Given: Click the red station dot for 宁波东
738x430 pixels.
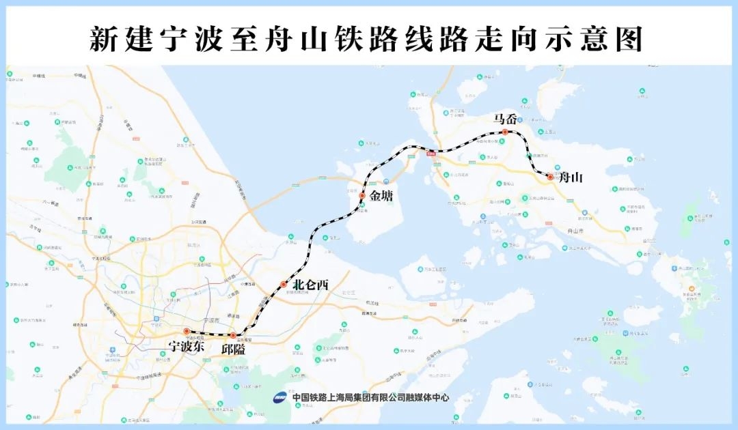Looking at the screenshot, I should click(187, 332).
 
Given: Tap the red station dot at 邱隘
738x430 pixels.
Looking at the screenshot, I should click(233, 335).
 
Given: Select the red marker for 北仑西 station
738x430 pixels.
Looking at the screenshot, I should click(284, 284).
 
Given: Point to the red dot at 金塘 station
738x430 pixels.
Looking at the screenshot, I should click(362, 196).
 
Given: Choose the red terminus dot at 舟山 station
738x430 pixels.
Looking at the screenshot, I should click(550, 177).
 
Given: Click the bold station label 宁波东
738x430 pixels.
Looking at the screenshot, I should click(187, 346).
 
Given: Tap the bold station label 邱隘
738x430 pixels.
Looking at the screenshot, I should click(233, 349).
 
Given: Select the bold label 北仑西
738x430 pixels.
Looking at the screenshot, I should click(310, 285).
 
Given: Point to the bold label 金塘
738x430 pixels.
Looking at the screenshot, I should click(383, 197).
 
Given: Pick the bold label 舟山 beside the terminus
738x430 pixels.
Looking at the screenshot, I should click(572, 178).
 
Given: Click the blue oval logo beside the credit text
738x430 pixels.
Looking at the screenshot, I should click(280, 397).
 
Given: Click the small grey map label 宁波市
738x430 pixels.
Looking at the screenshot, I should click(211, 319).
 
